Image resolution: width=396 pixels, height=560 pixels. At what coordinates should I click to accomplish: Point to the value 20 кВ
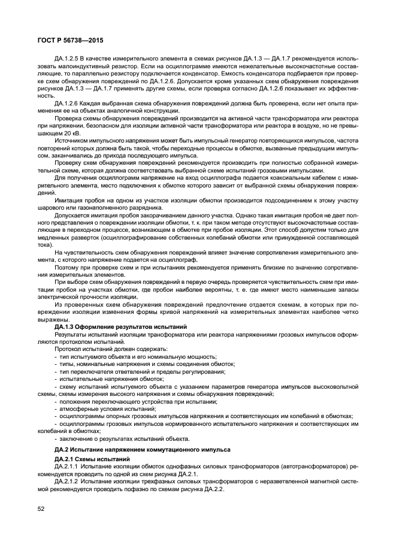pyautogui.click(x=64, y=134)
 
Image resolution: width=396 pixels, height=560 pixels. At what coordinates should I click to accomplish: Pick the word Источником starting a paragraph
pyautogui.click(x=72, y=141)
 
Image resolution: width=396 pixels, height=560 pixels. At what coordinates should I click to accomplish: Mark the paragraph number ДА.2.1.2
pyautogui.click(x=67, y=480)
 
